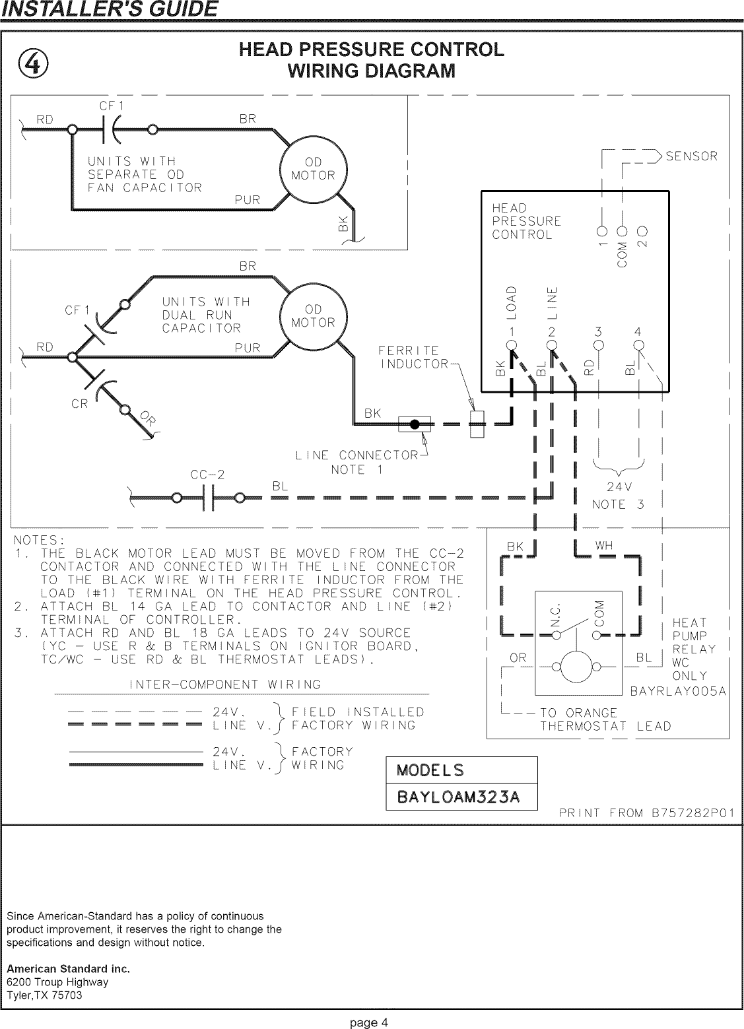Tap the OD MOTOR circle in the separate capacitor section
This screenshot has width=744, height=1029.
pos(314,170)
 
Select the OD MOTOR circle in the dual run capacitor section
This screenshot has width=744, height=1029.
pos(314,316)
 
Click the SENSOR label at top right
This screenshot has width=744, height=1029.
pos(691,156)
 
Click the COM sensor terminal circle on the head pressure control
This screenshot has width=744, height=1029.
pos(621,232)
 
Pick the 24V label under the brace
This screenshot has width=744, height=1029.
pos(619,488)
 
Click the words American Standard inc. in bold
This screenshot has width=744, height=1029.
pos(68,969)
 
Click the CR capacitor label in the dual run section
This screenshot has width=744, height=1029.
pos(79,404)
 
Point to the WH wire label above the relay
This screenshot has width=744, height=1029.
pos(603,546)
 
